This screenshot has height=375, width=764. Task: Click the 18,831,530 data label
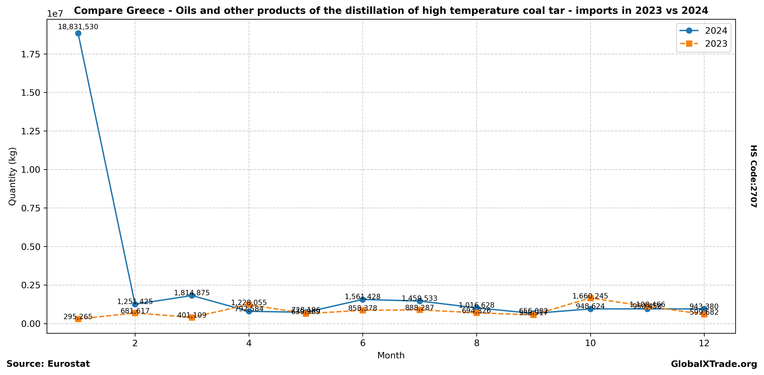pyautogui.click(x=78, y=27)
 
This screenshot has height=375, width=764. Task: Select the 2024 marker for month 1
pyautogui.click(x=78, y=33)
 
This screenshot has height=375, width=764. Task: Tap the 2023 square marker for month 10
pyautogui.click(x=590, y=298)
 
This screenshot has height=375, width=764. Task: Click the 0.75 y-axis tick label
pyautogui.click(x=31, y=208)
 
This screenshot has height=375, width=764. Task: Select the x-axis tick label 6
pyautogui.click(x=363, y=343)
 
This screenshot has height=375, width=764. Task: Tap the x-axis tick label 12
pyautogui.click(x=704, y=343)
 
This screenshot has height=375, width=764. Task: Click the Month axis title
pyautogui.click(x=391, y=355)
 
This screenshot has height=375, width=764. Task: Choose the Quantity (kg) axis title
pyautogui.click(x=12, y=176)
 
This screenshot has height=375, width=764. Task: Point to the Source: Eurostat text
pyautogui.click(x=48, y=364)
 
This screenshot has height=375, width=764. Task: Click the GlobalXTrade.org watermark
pyautogui.click(x=714, y=364)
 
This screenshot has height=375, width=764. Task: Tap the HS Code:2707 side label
pyautogui.click(x=754, y=176)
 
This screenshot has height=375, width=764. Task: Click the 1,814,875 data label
pyautogui.click(x=192, y=293)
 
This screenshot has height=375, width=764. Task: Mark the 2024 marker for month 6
pyautogui.click(x=363, y=300)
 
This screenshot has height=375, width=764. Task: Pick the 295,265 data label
pyautogui.click(x=78, y=317)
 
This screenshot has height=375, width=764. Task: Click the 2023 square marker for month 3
pyautogui.click(x=192, y=317)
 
